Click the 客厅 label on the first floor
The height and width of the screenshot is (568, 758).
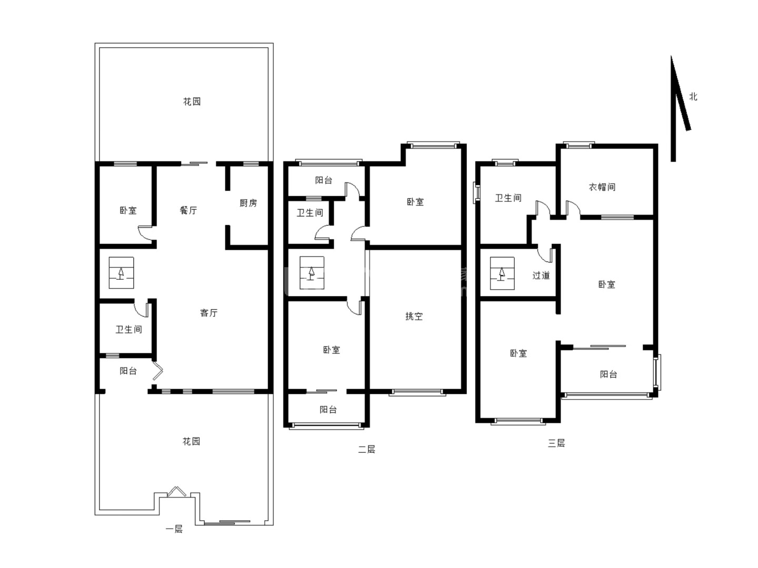(208, 313)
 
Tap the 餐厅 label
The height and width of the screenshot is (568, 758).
(188, 210)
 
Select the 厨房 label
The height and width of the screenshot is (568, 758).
(248, 203)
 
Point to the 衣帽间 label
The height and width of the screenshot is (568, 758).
(602, 187)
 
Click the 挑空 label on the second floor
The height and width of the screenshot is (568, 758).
(414, 316)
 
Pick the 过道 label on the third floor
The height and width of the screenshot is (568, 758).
(541, 275)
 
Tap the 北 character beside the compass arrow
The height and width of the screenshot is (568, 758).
(693, 97)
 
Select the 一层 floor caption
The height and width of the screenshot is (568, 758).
(174, 529)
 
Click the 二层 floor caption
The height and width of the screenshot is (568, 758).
(366, 449)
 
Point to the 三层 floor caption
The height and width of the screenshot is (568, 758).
(556, 443)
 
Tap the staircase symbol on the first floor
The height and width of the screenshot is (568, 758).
(121, 272)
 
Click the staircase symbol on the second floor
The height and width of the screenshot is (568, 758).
(312, 272)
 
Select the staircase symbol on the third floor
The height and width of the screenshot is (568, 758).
(502, 273)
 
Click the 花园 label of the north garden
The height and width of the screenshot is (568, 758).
(192, 102)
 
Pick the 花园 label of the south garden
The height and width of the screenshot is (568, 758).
(191, 441)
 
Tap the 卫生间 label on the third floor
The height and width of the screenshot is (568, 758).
(508, 198)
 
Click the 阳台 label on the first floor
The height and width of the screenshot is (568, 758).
(128, 371)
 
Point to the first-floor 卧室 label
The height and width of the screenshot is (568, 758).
(128, 210)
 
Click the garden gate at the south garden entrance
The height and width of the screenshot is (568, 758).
(176, 491)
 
